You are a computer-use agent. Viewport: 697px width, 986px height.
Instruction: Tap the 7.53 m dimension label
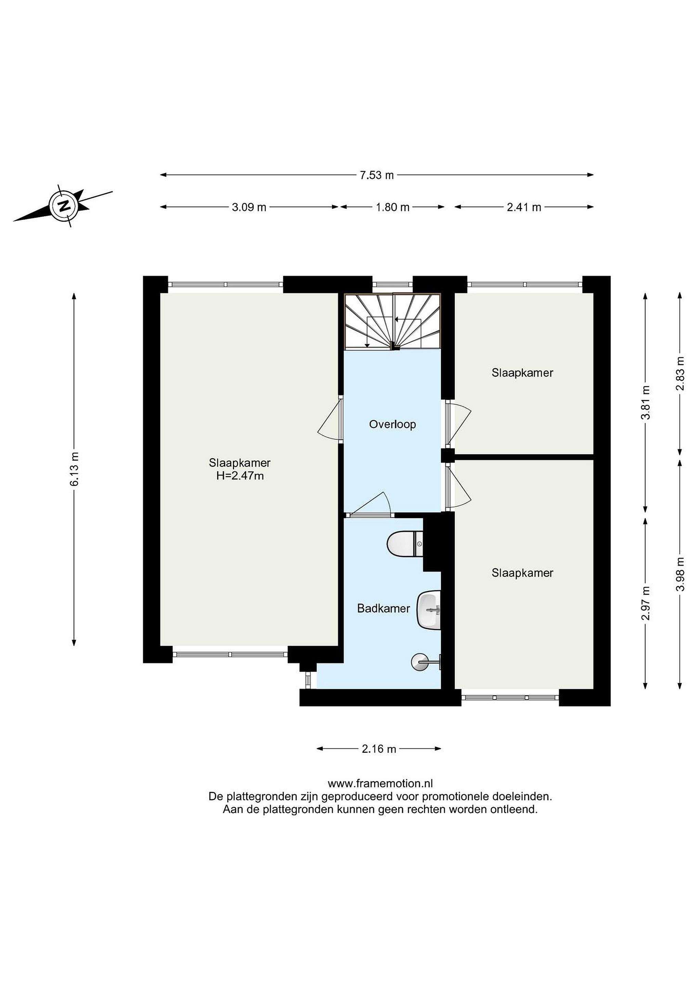376,175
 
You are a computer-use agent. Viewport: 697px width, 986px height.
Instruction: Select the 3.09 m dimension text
249,207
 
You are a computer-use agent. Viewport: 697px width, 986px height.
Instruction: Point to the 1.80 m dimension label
392,207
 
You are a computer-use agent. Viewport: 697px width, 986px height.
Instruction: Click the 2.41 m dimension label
524,207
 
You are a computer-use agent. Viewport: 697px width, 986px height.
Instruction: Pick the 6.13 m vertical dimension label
75,469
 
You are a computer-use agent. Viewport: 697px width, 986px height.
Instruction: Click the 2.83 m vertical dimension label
680,373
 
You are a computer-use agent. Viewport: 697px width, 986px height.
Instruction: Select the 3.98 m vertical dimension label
680,574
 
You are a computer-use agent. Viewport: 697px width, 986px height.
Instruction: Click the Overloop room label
392,425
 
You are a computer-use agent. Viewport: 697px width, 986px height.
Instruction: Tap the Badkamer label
383,608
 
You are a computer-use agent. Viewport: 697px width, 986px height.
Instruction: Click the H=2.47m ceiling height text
240,476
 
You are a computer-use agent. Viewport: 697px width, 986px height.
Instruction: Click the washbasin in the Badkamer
429,610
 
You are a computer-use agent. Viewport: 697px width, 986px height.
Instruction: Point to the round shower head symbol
419,662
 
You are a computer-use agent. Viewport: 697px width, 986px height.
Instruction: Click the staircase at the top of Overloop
393,322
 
